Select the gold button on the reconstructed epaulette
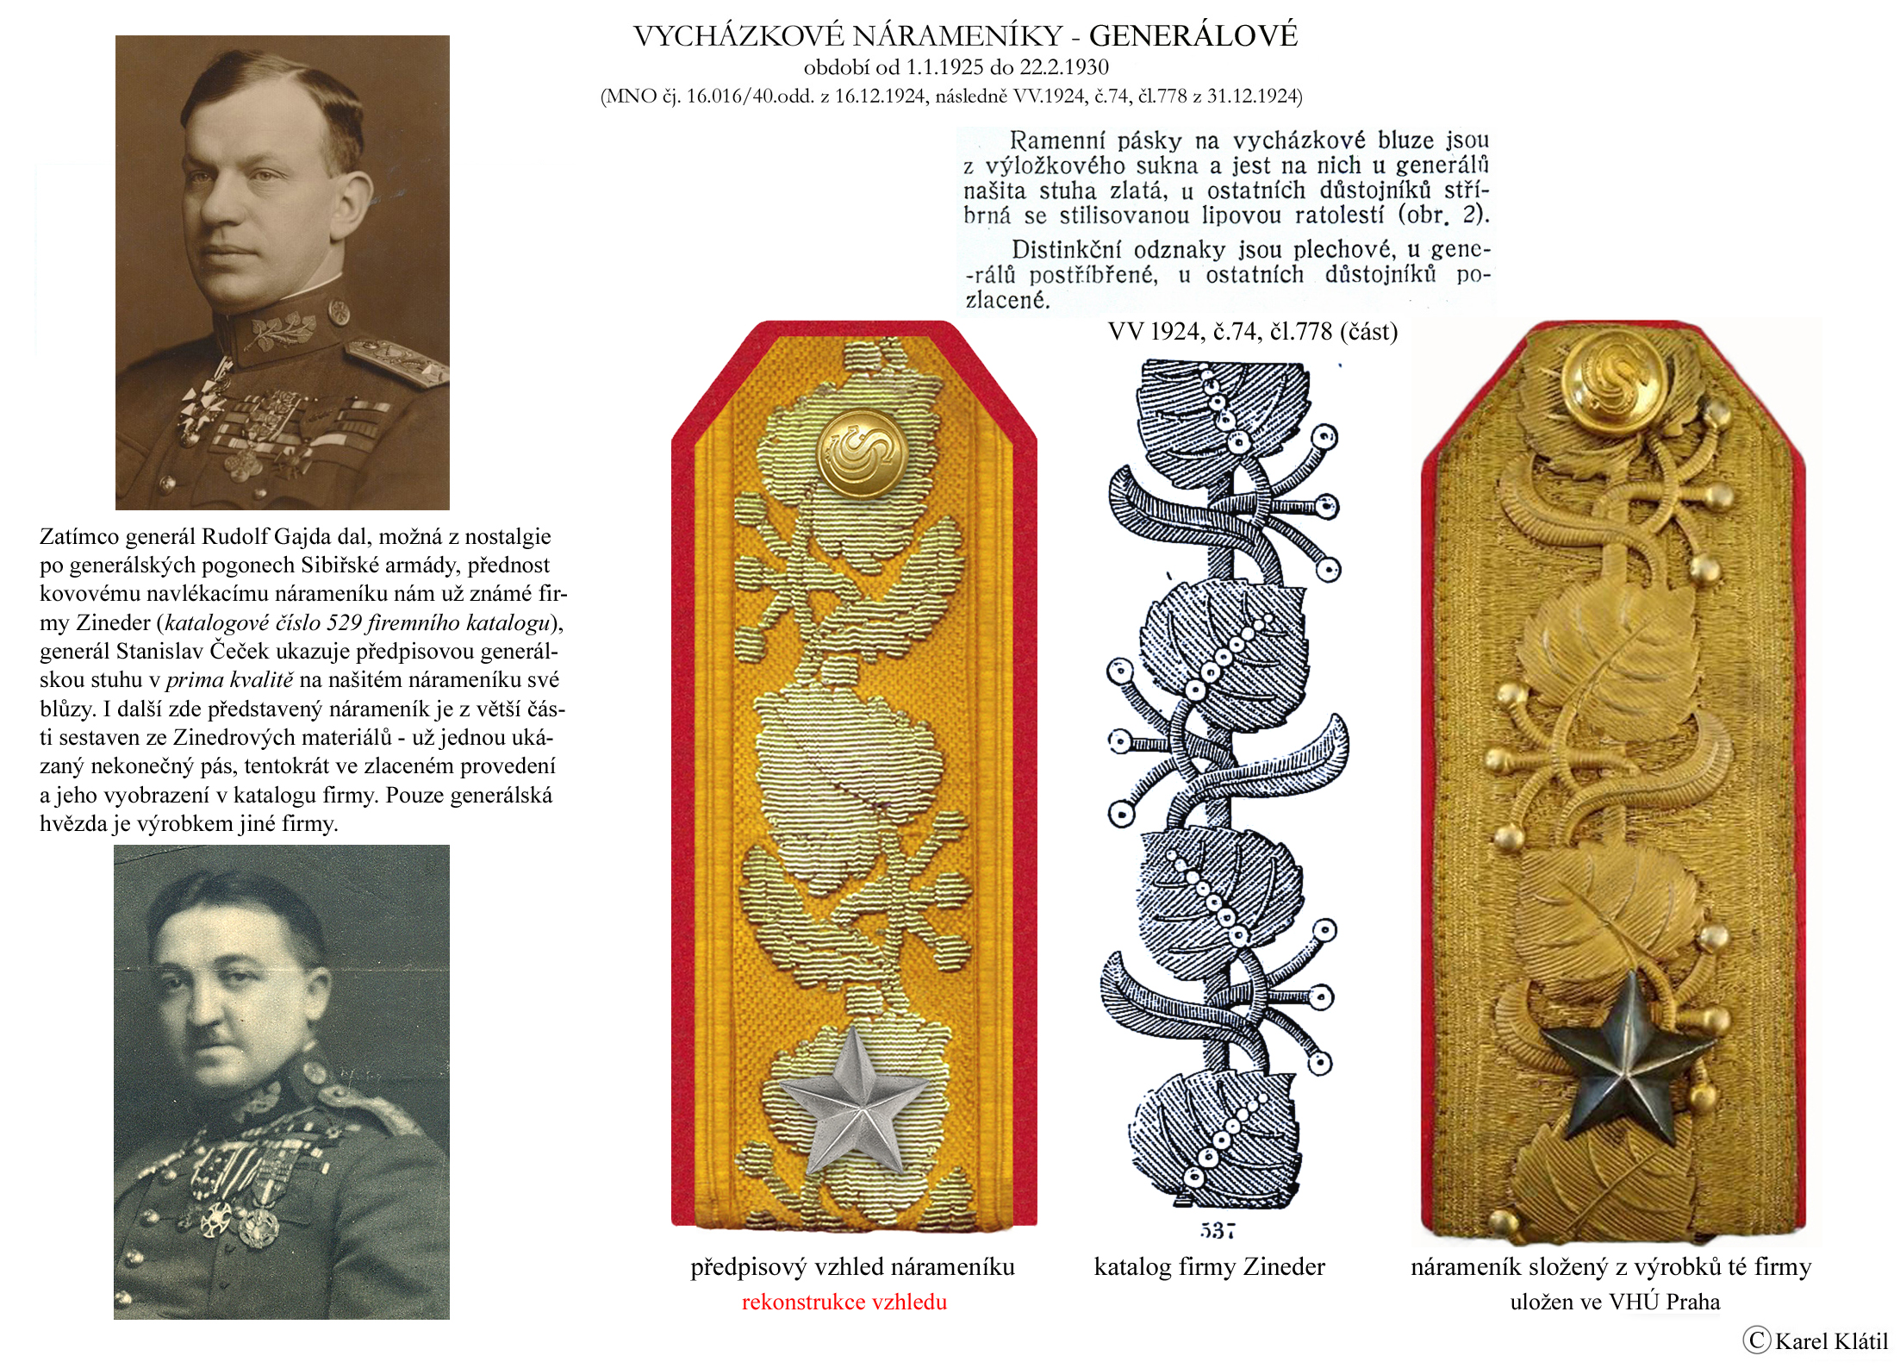click(863, 454)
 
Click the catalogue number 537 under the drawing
click(1217, 1231)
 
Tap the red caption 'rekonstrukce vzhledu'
click(844, 1302)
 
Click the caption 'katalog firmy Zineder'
click(1209, 1266)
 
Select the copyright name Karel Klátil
click(1830, 1340)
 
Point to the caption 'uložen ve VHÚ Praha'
click(1614, 1302)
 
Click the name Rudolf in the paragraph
click(234, 537)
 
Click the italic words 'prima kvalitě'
click(229, 680)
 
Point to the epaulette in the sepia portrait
click(396, 358)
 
